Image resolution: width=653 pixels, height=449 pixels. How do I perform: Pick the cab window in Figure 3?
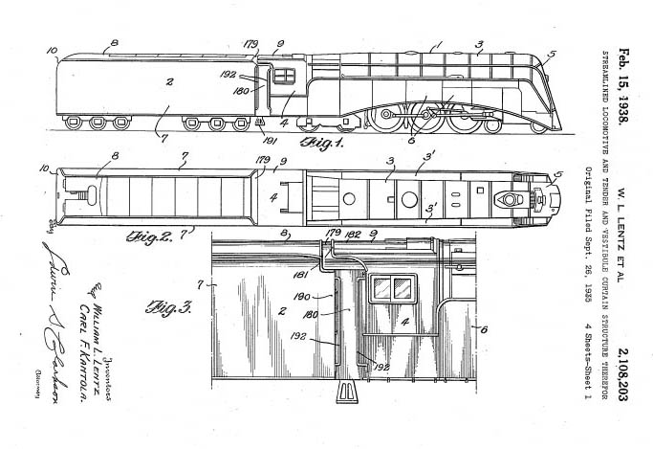coord(395,288)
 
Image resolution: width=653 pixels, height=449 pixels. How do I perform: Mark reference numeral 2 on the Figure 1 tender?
coord(168,82)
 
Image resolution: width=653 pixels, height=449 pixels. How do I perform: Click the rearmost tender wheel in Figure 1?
coord(74,123)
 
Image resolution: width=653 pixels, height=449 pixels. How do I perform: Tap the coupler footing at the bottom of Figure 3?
coord(345,393)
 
